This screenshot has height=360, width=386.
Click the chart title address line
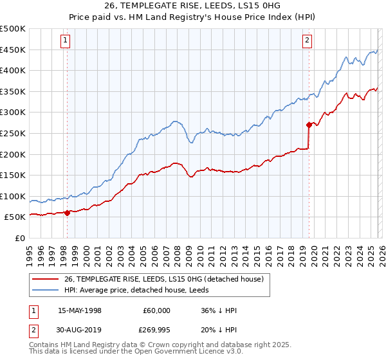point(193,6)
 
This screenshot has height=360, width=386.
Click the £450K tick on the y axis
point(14,50)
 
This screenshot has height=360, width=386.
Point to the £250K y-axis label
point(14,133)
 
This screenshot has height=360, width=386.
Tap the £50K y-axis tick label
point(16,217)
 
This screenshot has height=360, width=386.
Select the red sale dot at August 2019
point(309,125)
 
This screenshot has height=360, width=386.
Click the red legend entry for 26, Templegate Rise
point(164,279)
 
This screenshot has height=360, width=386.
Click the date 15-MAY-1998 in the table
point(84,310)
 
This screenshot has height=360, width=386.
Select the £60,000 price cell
point(156,310)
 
